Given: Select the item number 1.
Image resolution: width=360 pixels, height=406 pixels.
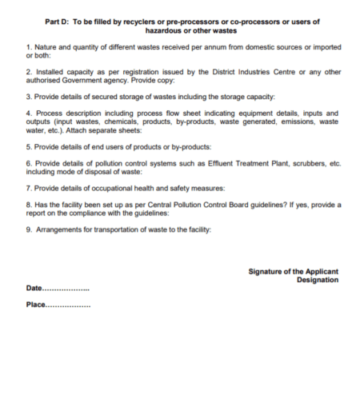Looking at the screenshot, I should [x=28, y=50].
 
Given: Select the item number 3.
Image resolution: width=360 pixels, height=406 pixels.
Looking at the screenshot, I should [x=28, y=97].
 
